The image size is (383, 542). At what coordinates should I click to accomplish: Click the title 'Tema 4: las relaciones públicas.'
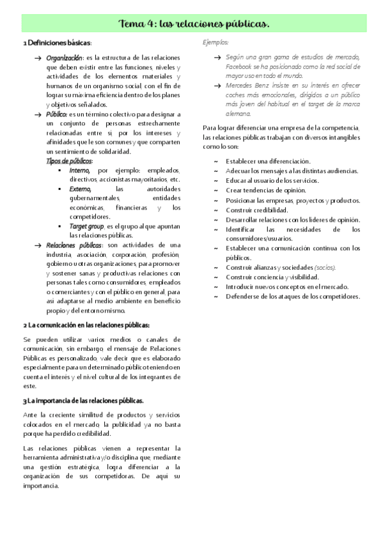[194, 24]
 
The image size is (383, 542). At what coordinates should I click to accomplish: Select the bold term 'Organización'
[65, 58]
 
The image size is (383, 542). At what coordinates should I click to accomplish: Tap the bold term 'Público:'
[58, 114]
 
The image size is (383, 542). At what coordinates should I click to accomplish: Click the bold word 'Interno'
[80, 171]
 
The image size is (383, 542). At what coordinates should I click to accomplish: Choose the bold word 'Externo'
[81, 189]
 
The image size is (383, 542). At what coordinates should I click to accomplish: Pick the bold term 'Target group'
[87, 226]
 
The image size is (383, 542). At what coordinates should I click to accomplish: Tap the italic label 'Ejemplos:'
[215, 43]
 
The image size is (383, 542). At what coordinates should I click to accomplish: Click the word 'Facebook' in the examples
[240, 66]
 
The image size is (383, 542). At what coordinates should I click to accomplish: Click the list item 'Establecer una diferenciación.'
[268, 161]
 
